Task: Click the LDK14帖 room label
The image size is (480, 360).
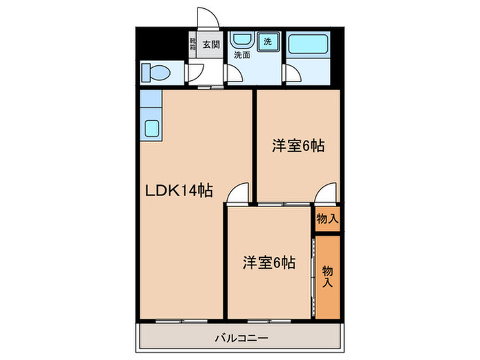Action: (x=177, y=192)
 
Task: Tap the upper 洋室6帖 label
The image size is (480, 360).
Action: (x=298, y=145)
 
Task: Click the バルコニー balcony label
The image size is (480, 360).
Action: (x=241, y=337)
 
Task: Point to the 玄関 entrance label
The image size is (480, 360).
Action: (x=211, y=45)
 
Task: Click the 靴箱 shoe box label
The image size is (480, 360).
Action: (x=193, y=45)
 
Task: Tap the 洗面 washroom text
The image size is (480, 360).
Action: (x=241, y=54)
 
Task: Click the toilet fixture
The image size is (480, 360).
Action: (x=155, y=71)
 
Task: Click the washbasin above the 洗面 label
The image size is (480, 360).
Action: (x=241, y=39)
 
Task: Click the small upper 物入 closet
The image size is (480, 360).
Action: (x=327, y=219)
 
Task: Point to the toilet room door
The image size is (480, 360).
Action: (x=195, y=71)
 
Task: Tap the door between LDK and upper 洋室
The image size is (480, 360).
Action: (x=238, y=193)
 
